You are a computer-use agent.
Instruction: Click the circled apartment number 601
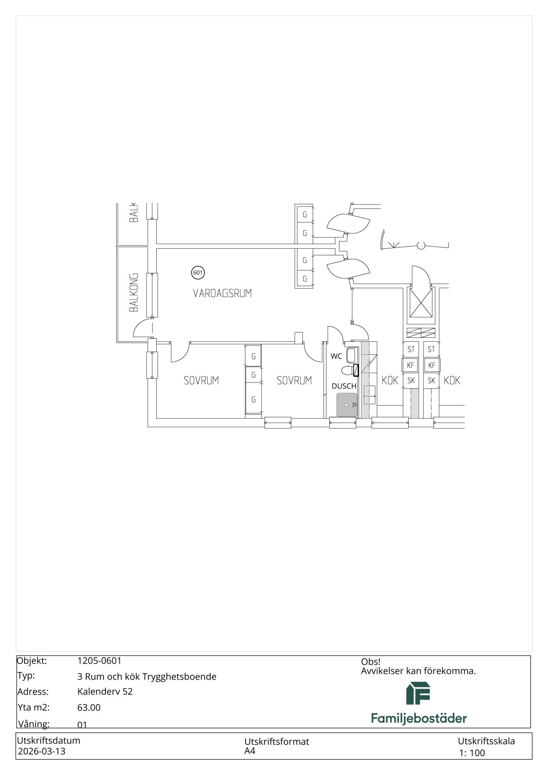click(x=198, y=272)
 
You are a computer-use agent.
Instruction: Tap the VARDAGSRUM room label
click(x=222, y=293)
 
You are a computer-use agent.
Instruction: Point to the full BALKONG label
click(x=133, y=293)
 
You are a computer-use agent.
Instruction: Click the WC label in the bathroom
click(x=336, y=356)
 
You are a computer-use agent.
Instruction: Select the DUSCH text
click(x=344, y=386)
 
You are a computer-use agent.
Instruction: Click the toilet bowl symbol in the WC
click(x=347, y=370)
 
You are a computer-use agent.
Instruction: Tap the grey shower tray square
click(x=347, y=405)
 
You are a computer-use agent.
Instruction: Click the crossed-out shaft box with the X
click(x=421, y=303)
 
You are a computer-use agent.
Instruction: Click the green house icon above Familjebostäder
click(x=418, y=693)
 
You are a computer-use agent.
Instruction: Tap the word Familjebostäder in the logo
click(x=419, y=718)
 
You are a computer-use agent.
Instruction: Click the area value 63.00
click(x=89, y=708)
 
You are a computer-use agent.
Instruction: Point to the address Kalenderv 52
click(x=105, y=692)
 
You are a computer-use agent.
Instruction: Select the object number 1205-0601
click(x=99, y=661)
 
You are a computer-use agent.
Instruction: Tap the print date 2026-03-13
click(x=42, y=751)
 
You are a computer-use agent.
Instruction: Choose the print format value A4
click(x=250, y=751)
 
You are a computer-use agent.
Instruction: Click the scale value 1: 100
click(x=472, y=753)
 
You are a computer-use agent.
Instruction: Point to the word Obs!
click(x=371, y=662)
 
